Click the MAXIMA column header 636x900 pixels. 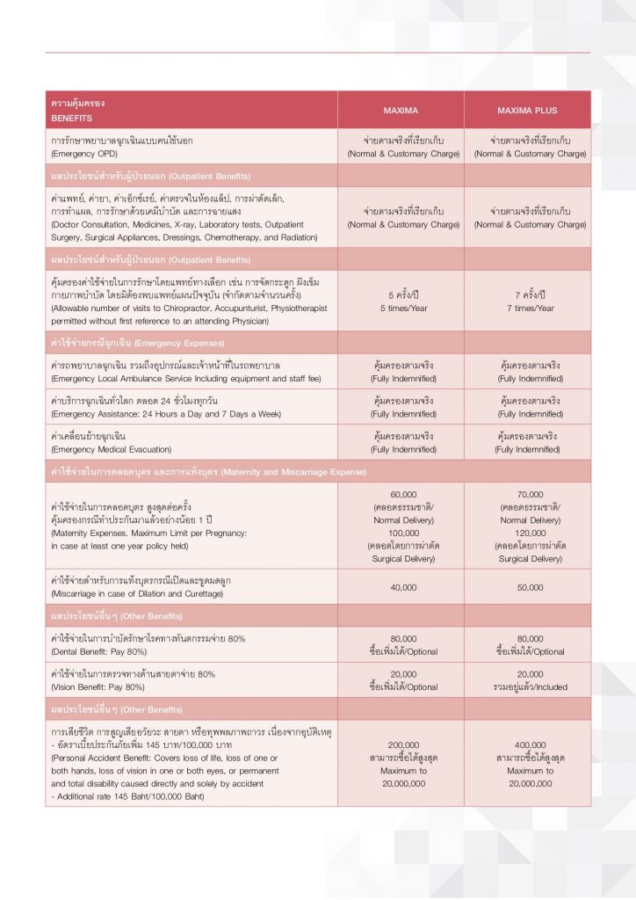coord(401,111)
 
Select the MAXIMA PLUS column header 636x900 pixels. coord(527,111)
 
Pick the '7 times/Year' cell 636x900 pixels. coord(530,308)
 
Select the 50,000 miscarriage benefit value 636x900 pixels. coord(530,587)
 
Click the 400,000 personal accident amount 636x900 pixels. coord(530,744)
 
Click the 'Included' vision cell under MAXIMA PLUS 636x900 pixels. coord(530,686)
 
